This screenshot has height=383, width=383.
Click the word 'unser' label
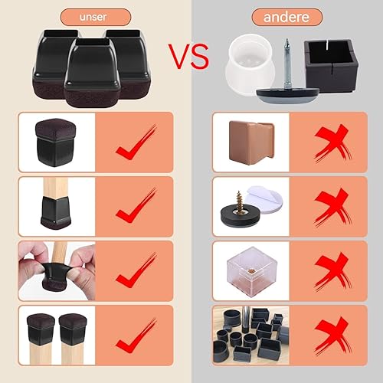click(93, 17)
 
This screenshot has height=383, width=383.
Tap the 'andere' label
click(286, 17)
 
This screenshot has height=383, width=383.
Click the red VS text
click(188, 56)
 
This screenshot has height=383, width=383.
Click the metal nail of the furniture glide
click(287, 64)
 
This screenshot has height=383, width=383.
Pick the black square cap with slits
click(332, 65)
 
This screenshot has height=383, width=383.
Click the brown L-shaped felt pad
click(251, 143)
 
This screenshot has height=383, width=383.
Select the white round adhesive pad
click(266, 201)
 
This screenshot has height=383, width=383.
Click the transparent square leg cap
click(252, 271)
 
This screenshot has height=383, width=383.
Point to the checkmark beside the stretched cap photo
click(136, 270)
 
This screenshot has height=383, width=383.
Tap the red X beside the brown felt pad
click(332, 143)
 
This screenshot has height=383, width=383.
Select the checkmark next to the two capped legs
click(136, 336)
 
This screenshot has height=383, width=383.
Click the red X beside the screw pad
click(332, 208)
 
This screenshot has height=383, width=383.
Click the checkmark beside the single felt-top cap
click(136, 142)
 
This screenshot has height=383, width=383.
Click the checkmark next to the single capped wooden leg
click(136, 205)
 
